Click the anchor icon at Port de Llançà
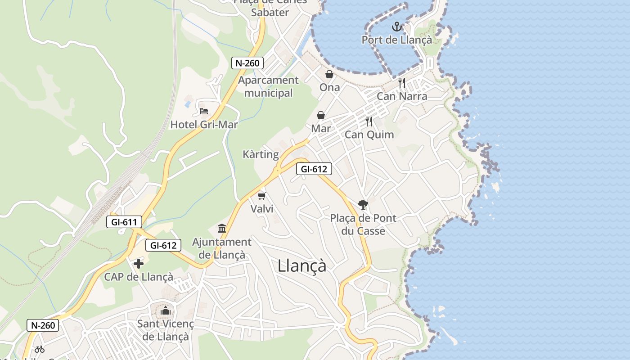[x=396, y=27]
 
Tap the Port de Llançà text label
[x=396, y=40]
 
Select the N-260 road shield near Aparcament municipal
[x=247, y=63]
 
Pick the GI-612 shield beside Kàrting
[x=314, y=169]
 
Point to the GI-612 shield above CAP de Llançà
[x=163, y=245]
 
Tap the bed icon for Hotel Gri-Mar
[x=204, y=111]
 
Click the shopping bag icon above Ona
[x=329, y=74]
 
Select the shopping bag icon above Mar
[x=321, y=116]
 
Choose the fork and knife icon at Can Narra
[x=402, y=83]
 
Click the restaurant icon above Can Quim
[x=369, y=121]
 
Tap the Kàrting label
[x=261, y=155]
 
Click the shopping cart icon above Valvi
[x=262, y=196]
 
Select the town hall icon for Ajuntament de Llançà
[x=222, y=228]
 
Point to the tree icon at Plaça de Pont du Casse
[x=363, y=205]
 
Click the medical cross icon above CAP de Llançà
[x=139, y=264]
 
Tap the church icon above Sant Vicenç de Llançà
[x=166, y=310]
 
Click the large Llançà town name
[x=302, y=265]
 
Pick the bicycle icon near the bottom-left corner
[x=40, y=349]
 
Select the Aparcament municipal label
[x=268, y=87]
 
